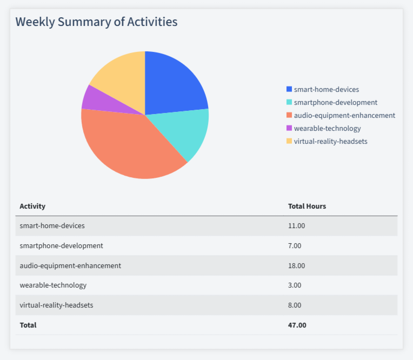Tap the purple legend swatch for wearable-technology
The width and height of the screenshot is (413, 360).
289,128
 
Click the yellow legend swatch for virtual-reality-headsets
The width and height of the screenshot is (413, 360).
289,141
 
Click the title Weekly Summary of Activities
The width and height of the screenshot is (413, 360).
96,22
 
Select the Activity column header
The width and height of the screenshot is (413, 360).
32,206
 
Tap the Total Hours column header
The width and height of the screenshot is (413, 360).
307,206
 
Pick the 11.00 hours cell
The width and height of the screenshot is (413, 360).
297,225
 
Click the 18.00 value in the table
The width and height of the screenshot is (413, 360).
297,265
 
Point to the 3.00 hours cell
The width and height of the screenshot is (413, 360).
295,285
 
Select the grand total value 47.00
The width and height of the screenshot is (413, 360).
297,325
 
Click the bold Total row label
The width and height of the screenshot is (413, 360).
28,325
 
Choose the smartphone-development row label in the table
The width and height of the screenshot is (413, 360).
61,245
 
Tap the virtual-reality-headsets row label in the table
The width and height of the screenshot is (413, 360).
56,305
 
